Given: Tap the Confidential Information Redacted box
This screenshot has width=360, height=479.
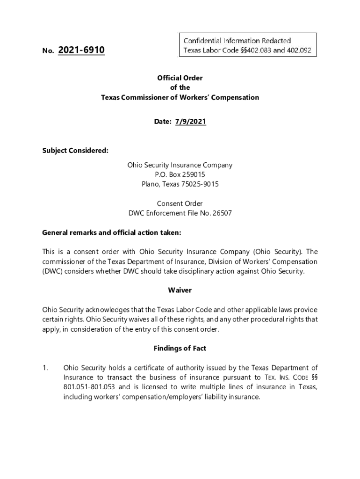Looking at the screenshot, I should pos(247,45).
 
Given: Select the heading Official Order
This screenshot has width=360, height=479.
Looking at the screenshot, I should pos(180,78).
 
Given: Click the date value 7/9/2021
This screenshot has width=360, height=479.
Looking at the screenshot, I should pos(190,122).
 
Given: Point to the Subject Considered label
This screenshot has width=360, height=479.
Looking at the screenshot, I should pos(75,151).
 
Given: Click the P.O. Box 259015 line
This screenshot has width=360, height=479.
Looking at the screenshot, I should pos(180,174).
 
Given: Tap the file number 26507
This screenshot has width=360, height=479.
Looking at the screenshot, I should pos(222,213).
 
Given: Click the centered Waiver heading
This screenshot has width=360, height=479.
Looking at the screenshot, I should pos(180,290).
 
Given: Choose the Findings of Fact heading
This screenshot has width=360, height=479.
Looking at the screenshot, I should pos(180,348).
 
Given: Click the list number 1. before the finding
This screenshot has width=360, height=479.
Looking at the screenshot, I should pos(45,368).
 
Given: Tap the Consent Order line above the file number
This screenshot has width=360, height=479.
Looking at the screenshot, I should pos(180,203).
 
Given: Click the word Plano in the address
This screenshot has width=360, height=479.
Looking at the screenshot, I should pos(151,184).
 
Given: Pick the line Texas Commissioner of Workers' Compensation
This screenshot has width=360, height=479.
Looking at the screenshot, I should pos(180,98).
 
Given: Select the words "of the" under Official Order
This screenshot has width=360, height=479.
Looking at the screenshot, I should pos(180,88).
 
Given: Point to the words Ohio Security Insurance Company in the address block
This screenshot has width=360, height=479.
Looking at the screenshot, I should pos(180,165).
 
